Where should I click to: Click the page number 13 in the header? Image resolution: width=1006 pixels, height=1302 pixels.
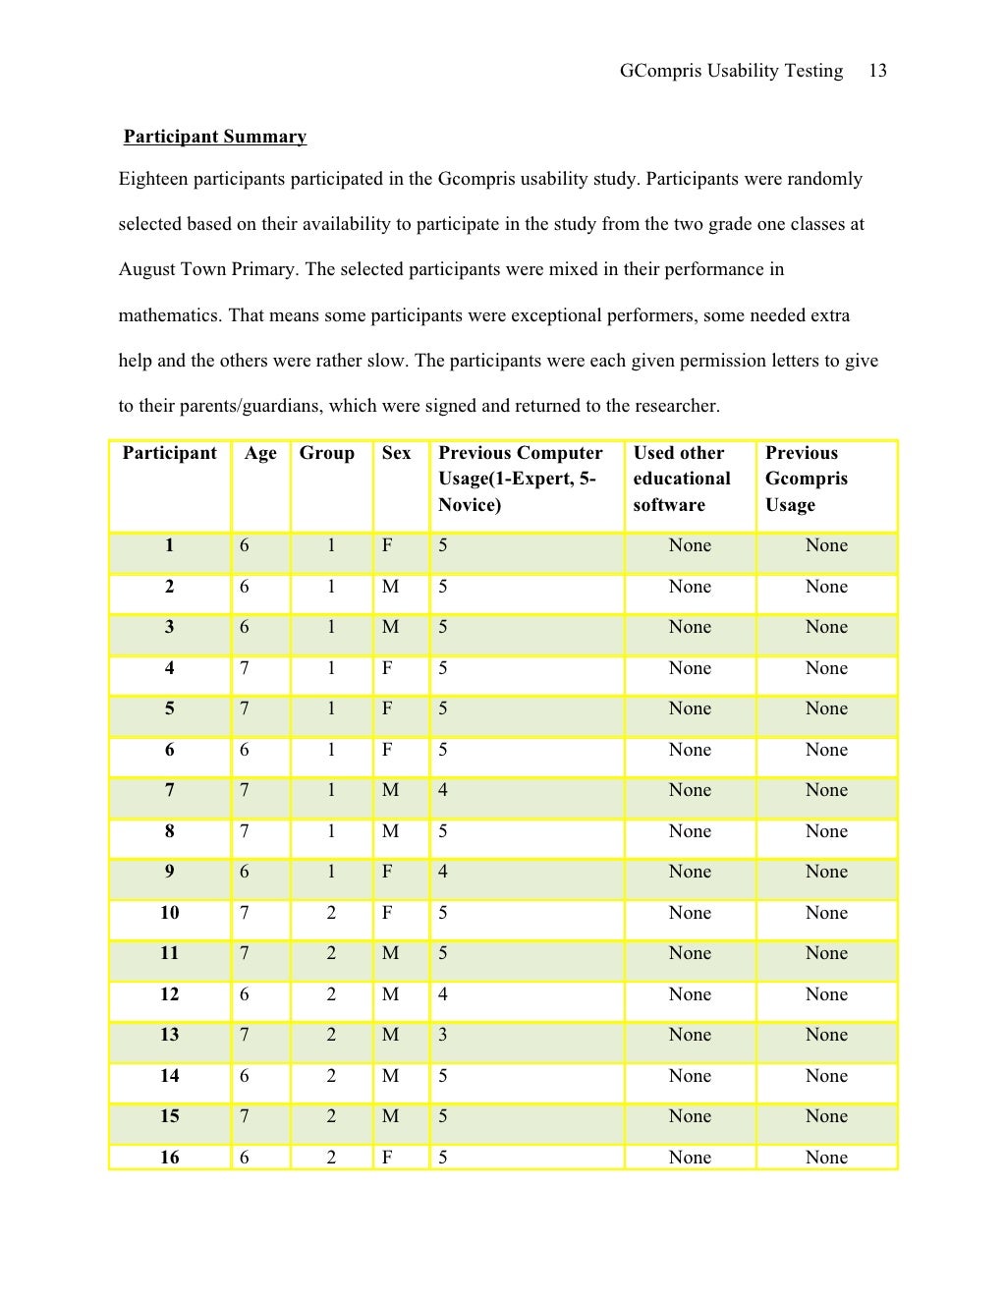coord(877,71)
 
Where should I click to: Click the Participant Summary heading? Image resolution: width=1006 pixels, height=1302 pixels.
coord(215,137)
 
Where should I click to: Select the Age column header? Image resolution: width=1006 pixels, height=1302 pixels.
coord(260,453)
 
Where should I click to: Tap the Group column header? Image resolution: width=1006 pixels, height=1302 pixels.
coord(326,453)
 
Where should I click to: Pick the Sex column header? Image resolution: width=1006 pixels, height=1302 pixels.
coord(396,453)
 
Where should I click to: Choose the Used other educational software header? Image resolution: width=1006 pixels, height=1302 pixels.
coord(682,479)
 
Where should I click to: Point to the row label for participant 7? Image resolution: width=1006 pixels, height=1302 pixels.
coord(170,790)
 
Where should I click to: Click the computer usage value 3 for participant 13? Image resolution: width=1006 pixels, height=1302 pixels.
coord(443,1035)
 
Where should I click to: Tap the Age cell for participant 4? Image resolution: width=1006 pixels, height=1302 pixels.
coord(245,668)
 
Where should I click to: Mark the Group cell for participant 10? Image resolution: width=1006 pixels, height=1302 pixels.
coord(331,913)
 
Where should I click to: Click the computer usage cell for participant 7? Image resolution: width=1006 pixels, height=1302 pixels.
coord(443,790)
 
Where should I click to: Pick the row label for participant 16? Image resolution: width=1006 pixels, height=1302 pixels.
coord(170,1157)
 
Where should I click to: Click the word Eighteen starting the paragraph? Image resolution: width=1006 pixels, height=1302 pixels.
coord(152,179)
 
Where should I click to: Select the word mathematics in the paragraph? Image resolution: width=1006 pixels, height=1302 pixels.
coord(168,315)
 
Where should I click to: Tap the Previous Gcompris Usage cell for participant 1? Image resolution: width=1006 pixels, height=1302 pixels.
coord(826,545)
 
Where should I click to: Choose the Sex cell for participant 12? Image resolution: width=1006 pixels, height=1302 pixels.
coord(390,994)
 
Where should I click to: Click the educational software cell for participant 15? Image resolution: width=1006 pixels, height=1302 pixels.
coord(690,1116)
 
